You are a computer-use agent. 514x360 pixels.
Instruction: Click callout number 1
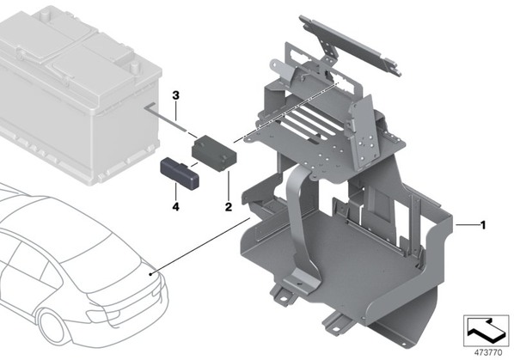[x=482, y=225]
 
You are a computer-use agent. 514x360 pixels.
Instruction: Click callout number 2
[x=228, y=207]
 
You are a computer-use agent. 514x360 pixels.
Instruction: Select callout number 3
[x=176, y=95]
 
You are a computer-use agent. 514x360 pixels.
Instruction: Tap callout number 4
[x=176, y=207]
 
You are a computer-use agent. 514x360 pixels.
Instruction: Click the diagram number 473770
[x=488, y=353]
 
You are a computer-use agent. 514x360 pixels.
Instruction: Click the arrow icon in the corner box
[x=486, y=330]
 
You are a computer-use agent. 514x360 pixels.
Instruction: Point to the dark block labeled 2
[x=214, y=153]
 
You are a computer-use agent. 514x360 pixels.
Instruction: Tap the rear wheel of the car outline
[x=52, y=328]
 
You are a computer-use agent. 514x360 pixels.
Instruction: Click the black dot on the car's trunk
[x=150, y=274]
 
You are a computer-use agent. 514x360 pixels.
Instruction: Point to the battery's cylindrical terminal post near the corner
[x=134, y=67]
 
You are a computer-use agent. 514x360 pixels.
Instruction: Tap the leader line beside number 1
[x=467, y=225]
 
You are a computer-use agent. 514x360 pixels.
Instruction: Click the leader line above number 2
[x=228, y=186]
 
